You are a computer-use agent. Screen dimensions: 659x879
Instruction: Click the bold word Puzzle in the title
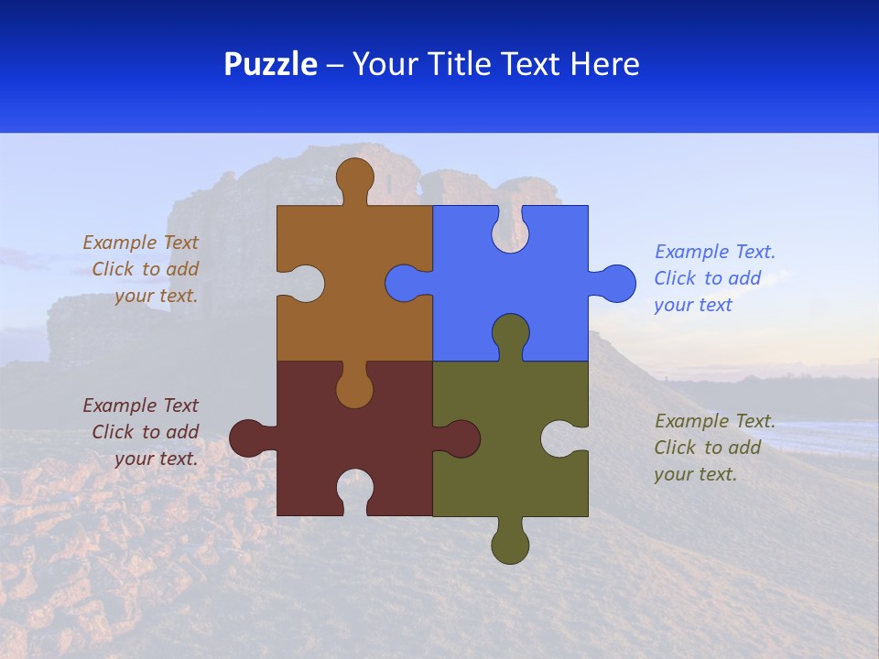(271, 64)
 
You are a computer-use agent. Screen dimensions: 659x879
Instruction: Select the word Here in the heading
(604, 64)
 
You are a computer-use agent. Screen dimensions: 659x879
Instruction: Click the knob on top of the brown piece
(354, 176)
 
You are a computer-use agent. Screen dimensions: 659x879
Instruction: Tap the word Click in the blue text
(676, 278)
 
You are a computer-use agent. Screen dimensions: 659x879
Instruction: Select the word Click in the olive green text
(676, 448)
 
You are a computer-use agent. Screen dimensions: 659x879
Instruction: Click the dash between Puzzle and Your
(335, 64)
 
